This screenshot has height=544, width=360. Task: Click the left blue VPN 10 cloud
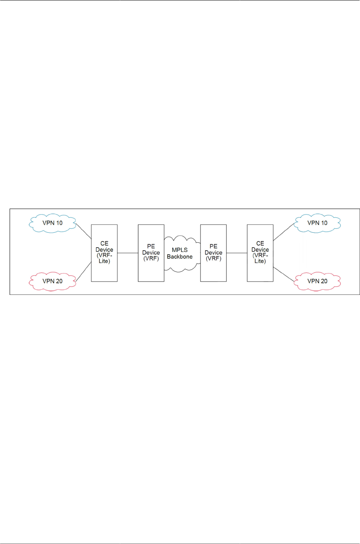[53, 223]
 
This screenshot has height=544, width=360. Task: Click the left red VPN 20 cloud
[53, 281]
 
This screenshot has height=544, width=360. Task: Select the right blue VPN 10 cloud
[317, 223]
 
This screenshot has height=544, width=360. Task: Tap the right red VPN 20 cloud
[317, 281]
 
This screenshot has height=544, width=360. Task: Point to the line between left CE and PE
[127, 253]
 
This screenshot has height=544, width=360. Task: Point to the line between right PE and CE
[237, 253]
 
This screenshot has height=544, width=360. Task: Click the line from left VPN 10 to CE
[84, 231]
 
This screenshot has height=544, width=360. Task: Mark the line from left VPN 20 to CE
[83, 272]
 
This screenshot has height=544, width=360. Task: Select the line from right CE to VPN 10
[284, 232]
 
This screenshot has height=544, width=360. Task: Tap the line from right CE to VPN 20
[284, 274]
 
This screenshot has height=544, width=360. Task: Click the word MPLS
[180, 250]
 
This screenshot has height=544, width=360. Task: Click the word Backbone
[180, 257]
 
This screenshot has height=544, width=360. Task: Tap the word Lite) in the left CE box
[104, 261]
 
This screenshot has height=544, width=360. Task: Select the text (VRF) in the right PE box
[213, 259]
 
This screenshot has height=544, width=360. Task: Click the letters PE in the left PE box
[151, 246]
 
